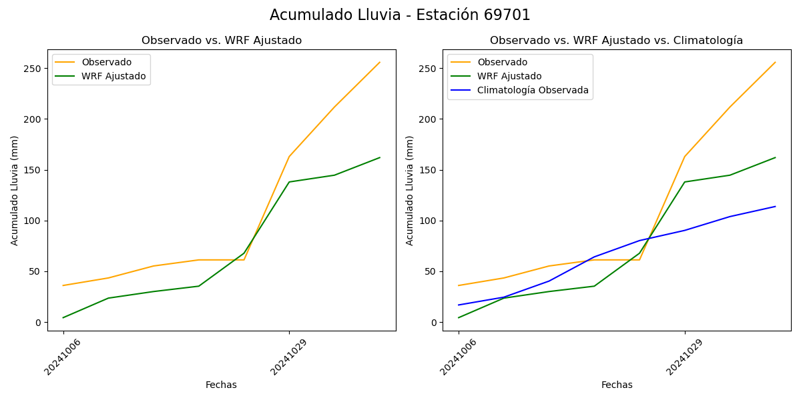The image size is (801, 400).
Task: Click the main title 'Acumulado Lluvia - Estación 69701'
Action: click(400, 15)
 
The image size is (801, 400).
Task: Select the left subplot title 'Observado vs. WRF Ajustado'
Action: click(222, 41)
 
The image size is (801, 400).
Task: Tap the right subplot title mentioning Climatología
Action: click(616, 41)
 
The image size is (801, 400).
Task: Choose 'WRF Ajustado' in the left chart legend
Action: click(113, 76)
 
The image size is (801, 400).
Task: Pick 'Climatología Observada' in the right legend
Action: click(533, 90)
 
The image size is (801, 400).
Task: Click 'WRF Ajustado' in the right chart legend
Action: click(509, 76)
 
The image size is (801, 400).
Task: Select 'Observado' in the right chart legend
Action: click(502, 62)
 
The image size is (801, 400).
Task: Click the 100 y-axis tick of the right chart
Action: click(429, 221)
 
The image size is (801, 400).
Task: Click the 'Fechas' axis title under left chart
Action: click(221, 385)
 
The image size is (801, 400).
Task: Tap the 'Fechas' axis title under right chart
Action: click(617, 385)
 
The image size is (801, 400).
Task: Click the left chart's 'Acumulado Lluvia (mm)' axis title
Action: click(15, 191)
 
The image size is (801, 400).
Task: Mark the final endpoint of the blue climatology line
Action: click(775, 206)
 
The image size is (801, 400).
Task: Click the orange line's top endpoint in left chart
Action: click(380, 63)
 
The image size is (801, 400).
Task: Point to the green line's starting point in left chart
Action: click(63, 317)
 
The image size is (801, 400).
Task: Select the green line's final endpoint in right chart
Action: click(775, 157)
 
